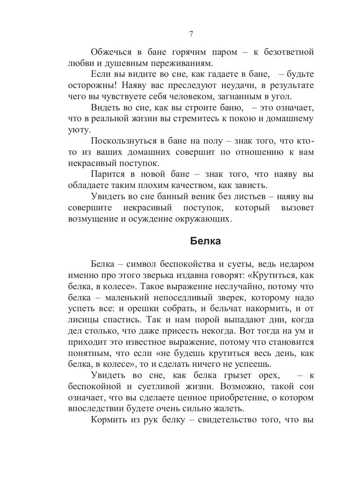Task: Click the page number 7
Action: (x=191, y=34)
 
